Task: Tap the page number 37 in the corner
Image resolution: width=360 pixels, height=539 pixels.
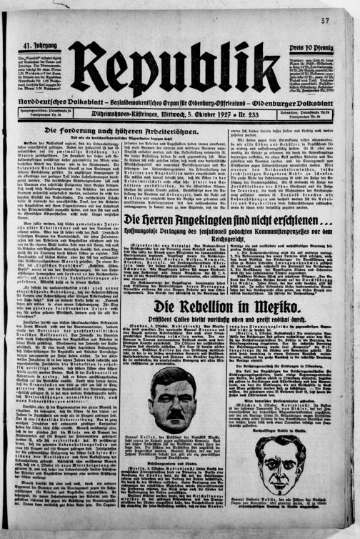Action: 345,19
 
